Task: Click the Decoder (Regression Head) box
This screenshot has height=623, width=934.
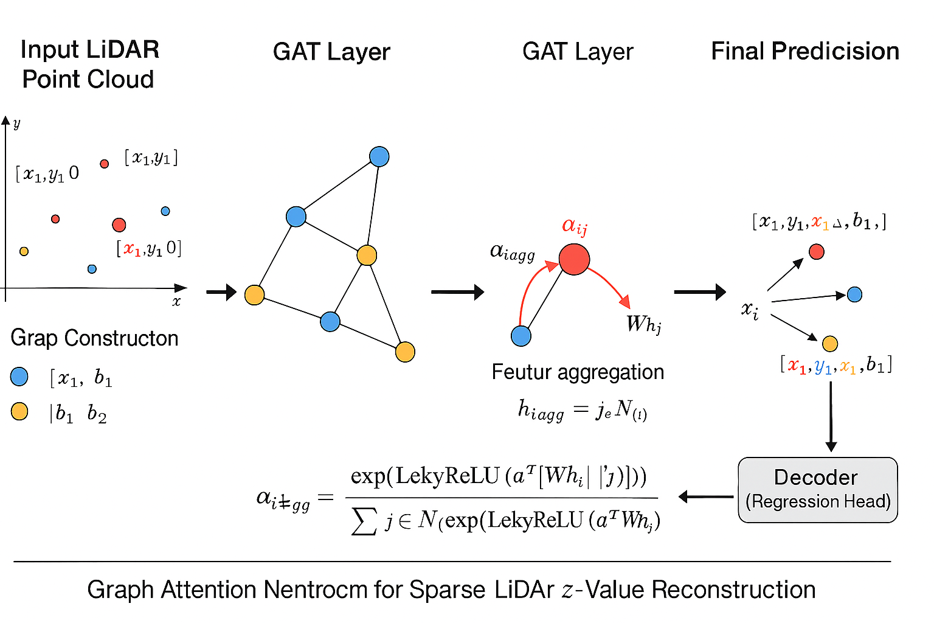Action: tap(817, 490)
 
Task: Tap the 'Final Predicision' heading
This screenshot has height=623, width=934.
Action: tap(804, 52)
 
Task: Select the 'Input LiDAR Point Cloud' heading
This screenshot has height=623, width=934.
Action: tap(89, 64)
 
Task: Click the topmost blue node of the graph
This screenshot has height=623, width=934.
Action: tap(379, 157)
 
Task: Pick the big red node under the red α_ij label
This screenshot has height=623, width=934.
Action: tap(574, 259)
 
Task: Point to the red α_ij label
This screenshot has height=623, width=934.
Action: tap(575, 226)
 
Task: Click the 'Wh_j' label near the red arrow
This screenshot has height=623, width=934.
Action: tap(643, 324)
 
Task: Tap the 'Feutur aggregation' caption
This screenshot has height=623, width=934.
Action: tap(578, 372)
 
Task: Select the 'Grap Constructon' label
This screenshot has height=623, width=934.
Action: tap(94, 338)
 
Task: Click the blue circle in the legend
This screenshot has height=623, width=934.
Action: tap(19, 377)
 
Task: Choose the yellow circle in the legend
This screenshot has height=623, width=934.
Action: tap(19, 412)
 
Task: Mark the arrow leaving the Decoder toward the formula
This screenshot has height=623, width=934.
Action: tap(705, 497)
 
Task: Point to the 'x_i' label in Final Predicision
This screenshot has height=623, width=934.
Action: tap(750, 310)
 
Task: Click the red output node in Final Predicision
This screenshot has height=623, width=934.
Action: tap(817, 251)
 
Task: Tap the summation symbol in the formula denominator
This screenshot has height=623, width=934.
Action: tap(364, 521)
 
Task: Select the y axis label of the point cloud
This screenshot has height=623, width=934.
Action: tap(16, 124)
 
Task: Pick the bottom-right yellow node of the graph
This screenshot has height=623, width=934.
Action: tap(405, 352)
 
